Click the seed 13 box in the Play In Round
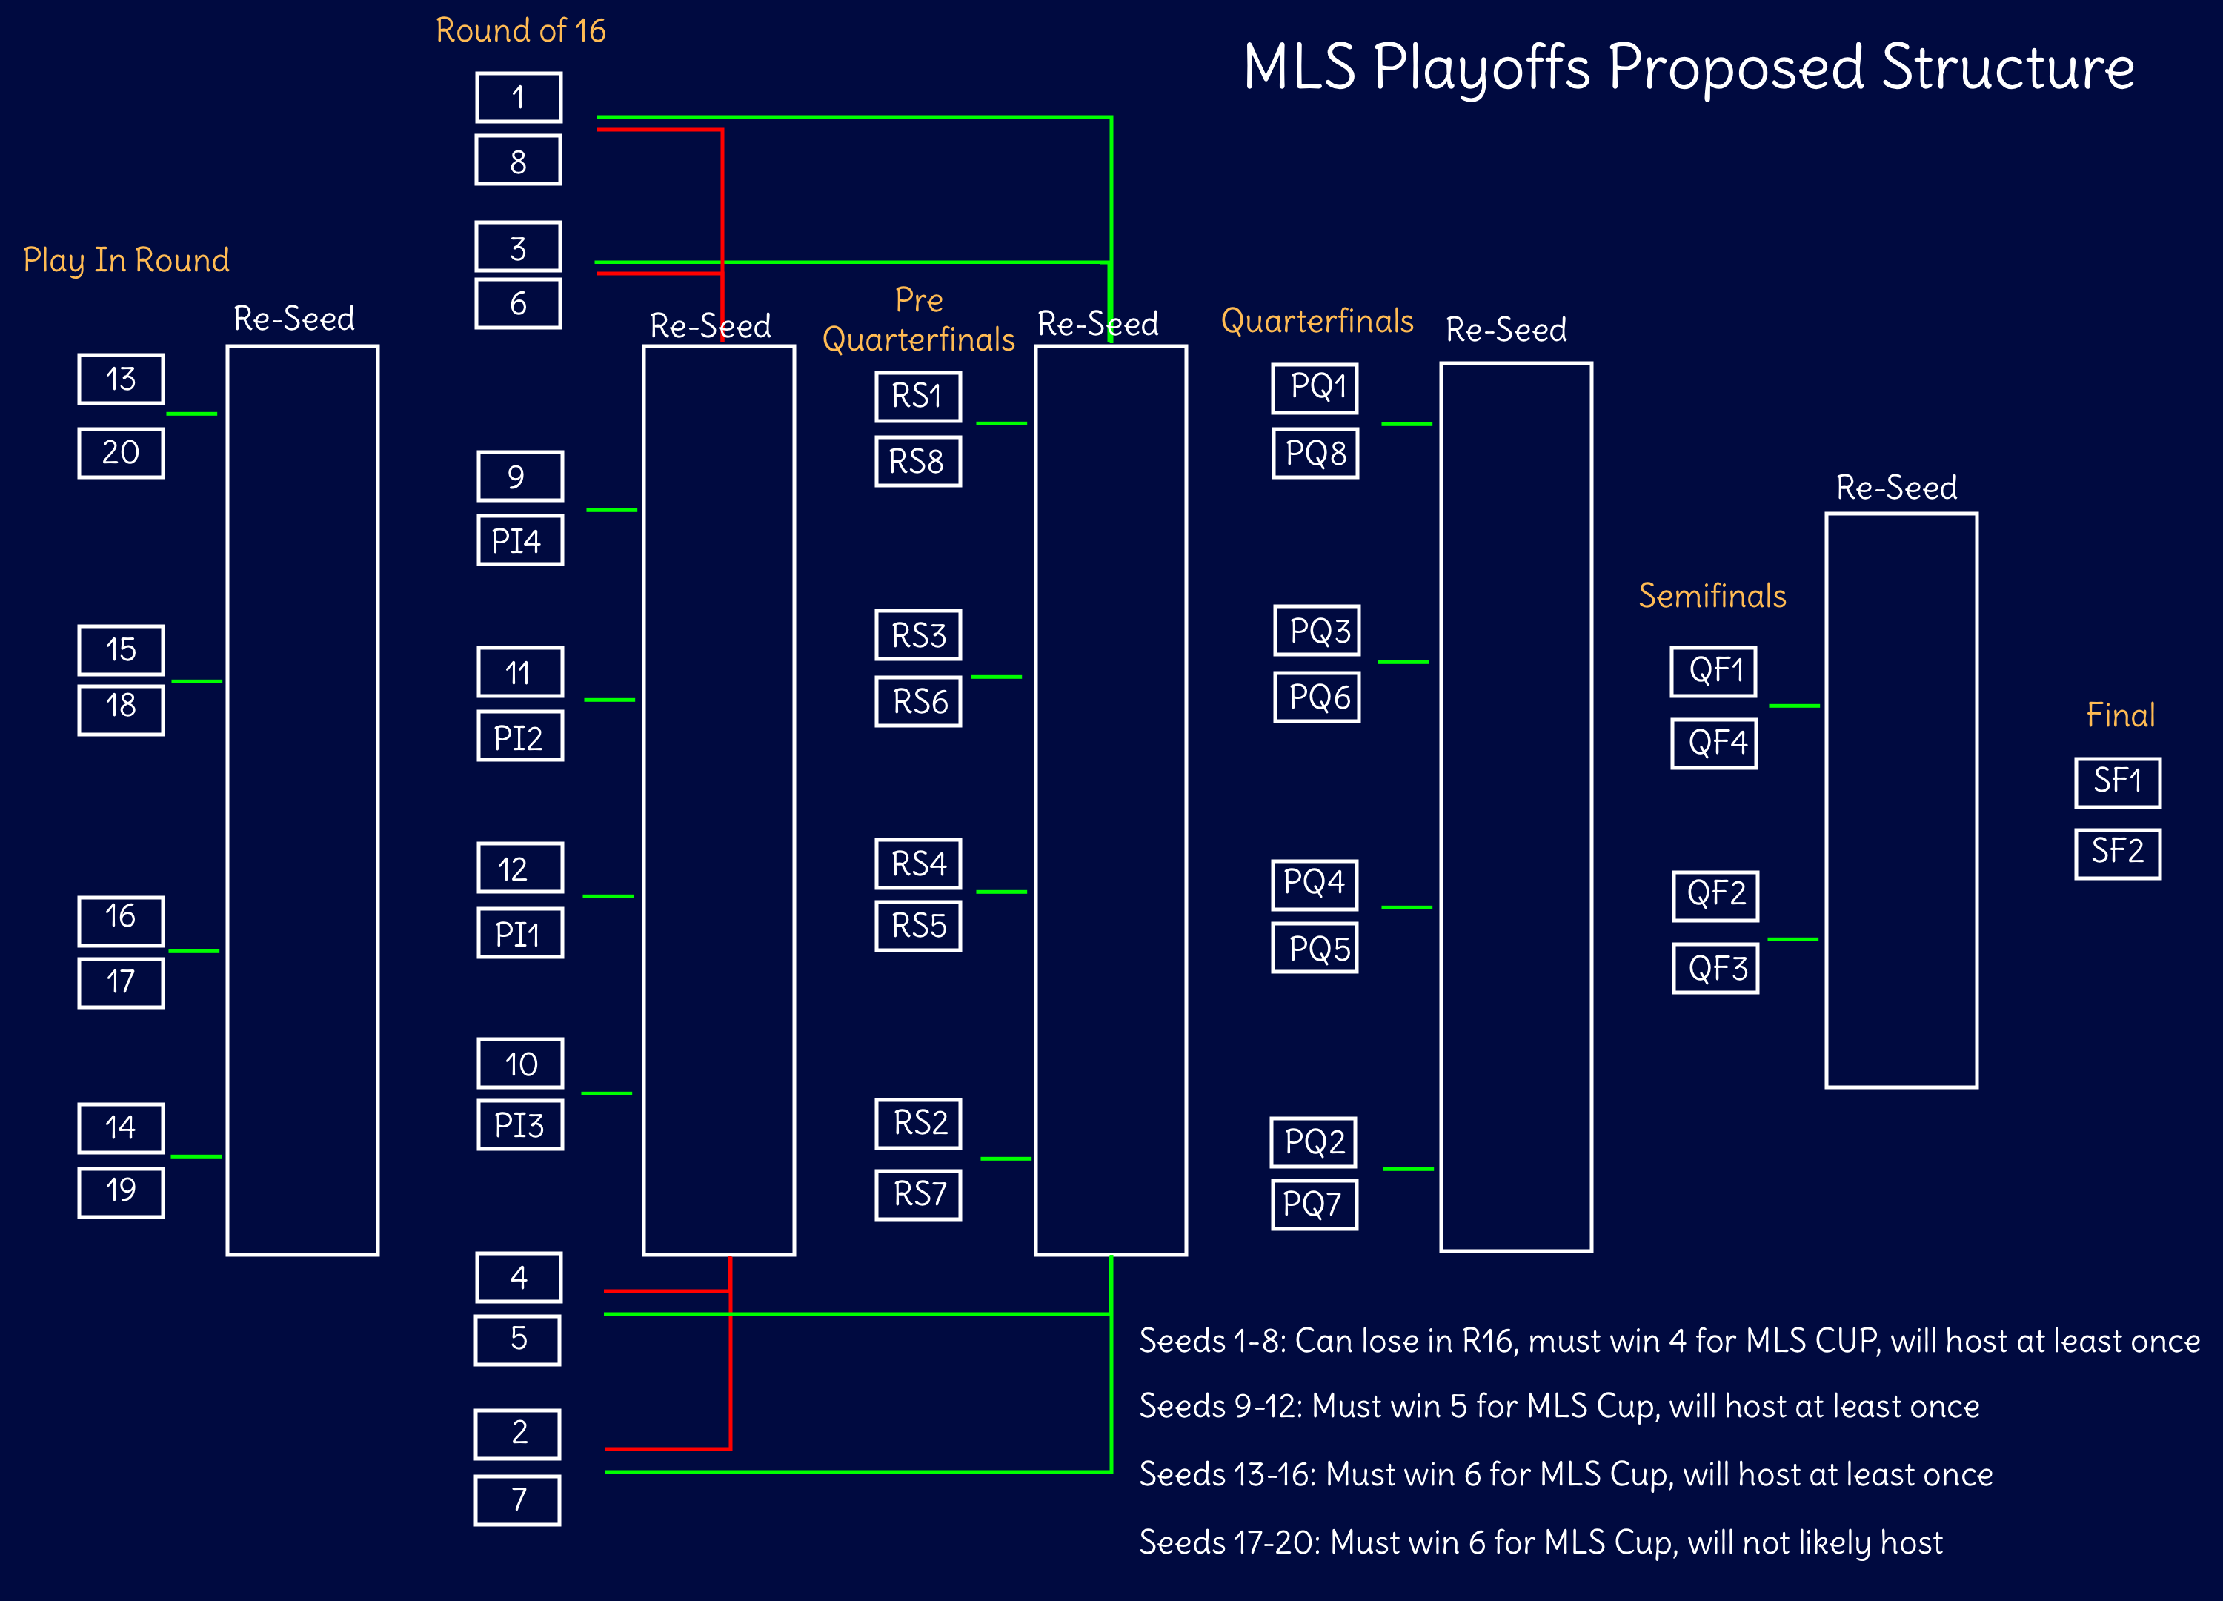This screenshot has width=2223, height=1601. coord(121,379)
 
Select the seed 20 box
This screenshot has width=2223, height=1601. coord(121,453)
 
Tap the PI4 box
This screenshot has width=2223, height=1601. coord(519,540)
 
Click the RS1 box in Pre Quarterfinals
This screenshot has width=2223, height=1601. coord(917,396)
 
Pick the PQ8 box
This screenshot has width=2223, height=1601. coord(1315,453)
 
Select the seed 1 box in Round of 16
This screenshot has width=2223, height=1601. coord(519,97)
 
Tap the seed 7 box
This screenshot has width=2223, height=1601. coord(517,1500)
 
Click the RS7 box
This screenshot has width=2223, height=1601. coord(917,1194)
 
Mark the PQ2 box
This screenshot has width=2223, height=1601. coord(1313,1142)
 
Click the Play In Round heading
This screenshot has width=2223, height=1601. coord(127,261)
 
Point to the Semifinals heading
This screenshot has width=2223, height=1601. coord(1712,596)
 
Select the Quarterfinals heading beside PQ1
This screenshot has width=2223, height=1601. coord(1317,321)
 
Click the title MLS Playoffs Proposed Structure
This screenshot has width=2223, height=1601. coord(1689,67)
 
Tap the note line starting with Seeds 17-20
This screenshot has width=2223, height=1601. coord(1540,1543)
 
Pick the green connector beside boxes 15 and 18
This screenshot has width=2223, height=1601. coord(197,681)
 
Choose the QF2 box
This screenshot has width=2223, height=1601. coord(1715,895)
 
